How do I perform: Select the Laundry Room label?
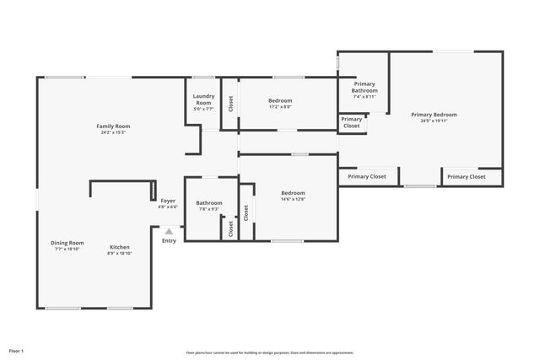pos(203,99)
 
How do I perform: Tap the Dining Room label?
pos(67,242)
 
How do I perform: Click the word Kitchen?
pos(120,247)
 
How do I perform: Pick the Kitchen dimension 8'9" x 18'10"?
pos(120,253)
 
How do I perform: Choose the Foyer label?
pos(168,201)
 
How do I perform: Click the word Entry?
pos(169,241)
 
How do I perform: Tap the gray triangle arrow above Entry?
pos(169,231)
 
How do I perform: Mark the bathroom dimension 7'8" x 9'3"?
pos(209,209)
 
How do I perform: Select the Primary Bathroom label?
pos(364,87)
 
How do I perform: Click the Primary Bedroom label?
pos(434,114)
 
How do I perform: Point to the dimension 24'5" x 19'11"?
pos(434,121)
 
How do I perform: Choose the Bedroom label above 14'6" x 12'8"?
pos(293,192)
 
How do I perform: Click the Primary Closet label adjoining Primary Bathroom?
pos(352,122)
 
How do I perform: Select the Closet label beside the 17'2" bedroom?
pos(230,104)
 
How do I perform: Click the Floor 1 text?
pos(16,350)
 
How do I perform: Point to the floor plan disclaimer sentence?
pos(270,352)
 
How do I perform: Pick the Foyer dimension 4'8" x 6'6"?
pos(168,207)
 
